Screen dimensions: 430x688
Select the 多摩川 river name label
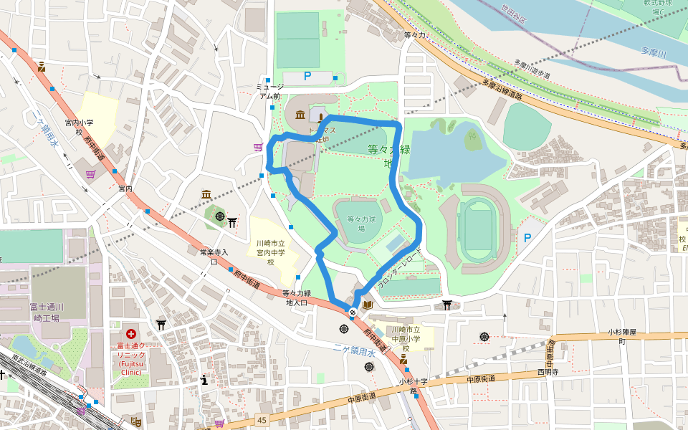[653, 52]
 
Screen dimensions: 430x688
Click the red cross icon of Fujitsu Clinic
[131, 334]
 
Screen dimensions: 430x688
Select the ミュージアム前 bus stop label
[269, 91]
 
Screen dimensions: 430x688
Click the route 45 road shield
[262, 420]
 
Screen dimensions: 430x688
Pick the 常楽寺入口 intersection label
[214, 257]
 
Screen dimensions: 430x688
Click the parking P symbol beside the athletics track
[528, 238]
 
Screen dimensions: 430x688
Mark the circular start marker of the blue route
[353, 312]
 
